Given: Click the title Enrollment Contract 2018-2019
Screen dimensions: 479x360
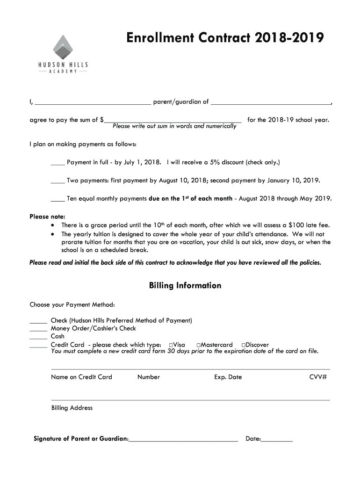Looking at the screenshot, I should (224, 38).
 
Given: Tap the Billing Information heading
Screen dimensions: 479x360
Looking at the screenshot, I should (185, 285).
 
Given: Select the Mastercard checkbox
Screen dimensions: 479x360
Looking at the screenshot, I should (199, 345).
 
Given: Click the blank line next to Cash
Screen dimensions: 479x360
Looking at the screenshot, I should (38, 337).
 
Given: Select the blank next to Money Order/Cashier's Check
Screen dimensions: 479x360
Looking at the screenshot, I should (38, 329).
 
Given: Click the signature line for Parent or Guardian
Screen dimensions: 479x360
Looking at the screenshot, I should (183, 439).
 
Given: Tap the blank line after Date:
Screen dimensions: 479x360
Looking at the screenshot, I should (277, 439).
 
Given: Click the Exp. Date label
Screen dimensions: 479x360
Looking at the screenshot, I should (228, 377).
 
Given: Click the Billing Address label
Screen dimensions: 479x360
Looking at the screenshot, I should (72, 408).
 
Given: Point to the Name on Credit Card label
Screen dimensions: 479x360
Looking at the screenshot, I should (81, 377).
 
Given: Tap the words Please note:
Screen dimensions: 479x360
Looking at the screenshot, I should (47, 217).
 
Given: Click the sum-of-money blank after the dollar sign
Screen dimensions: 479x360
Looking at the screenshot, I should (173, 120).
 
